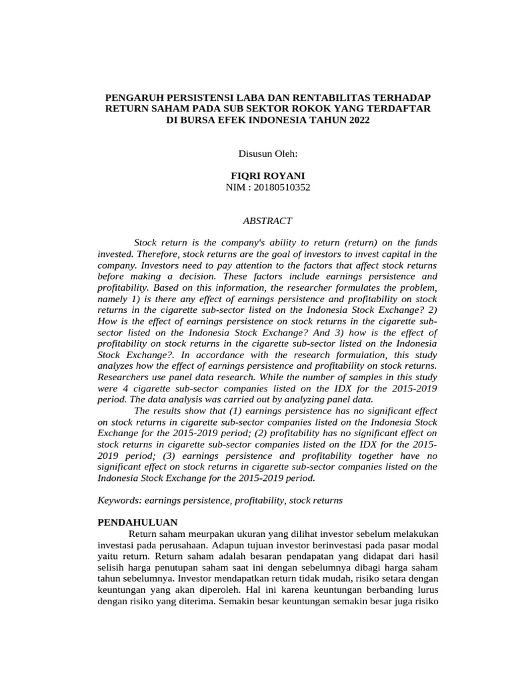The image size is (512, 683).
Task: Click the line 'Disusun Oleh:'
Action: (267, 154)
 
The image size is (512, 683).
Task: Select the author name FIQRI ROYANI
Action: (267, 176)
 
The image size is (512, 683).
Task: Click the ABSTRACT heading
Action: (267, 220)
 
